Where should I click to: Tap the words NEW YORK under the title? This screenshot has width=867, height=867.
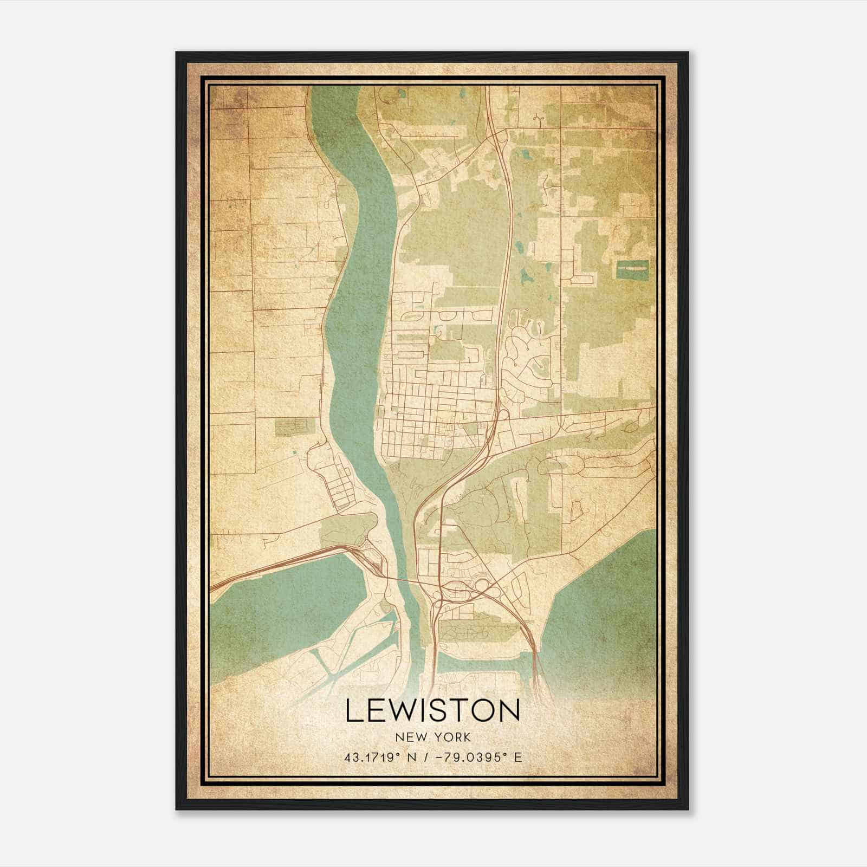(433, 737)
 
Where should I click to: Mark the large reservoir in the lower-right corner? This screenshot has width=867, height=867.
(601, 612)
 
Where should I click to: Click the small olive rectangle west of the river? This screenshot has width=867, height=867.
(294, 426)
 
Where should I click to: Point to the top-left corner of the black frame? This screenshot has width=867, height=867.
(177, 53)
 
